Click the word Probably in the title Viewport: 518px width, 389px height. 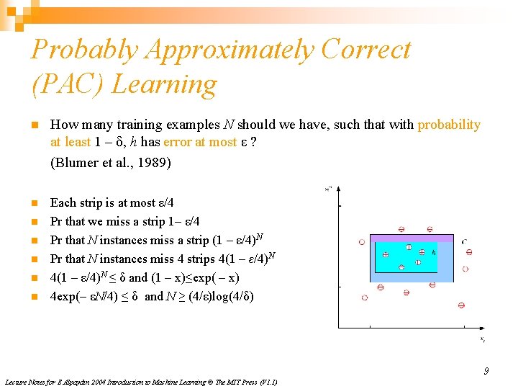point(84,49)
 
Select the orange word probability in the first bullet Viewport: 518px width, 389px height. point(449,125)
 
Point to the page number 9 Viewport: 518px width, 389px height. point(486,371)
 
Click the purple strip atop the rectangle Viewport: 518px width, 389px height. point(411,238)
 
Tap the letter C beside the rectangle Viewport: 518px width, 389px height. point(464,241)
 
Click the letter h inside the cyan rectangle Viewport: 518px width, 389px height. point(433,252)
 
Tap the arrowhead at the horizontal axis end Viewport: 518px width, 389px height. point(480,328)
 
